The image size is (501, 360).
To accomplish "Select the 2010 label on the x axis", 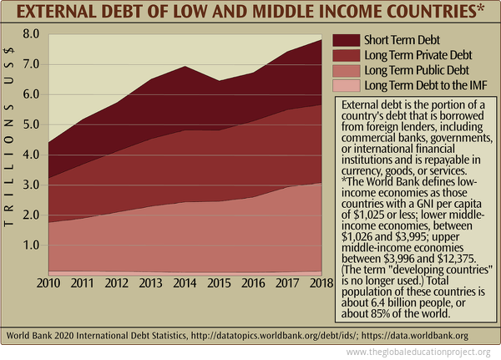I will coord(48,285).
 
